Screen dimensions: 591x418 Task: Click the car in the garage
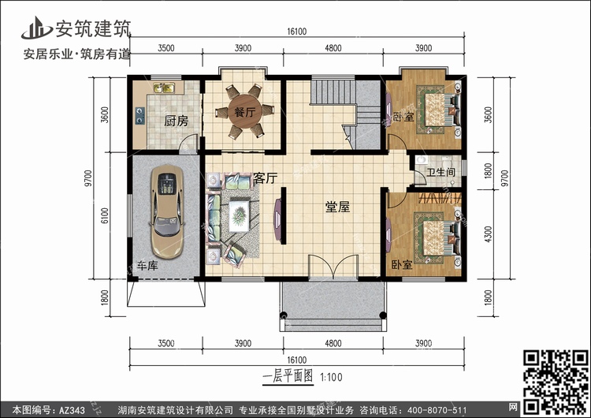[167, 211]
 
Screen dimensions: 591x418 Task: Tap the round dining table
[245, 111]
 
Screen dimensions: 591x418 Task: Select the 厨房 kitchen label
[176, 121]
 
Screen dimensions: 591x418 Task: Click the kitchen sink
[165, 88]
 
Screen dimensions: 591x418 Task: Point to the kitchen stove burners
[139, 115]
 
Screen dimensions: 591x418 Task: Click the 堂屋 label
[337, 207]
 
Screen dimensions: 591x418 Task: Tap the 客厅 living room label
[265, 177]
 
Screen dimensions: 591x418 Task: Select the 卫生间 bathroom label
[440, 172]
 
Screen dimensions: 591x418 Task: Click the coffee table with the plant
[239, 216]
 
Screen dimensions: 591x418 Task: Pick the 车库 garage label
[147, 266]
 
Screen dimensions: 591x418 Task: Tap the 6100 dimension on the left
[105, 215]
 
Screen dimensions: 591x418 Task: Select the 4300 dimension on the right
[488, 234]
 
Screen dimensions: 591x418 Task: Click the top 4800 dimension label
[333, 48]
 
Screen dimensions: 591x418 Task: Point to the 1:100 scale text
[331, 377]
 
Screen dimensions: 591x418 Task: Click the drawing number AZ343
[72, 409]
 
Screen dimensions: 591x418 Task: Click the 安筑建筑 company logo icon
[36, 28]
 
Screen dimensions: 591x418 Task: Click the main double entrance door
[333, 267]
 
